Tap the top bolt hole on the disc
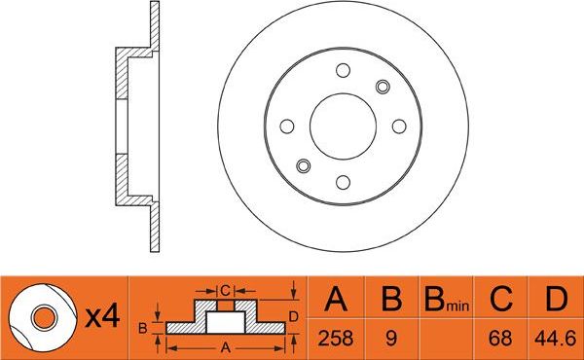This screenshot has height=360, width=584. point(344,69)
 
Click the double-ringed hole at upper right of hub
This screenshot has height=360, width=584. point(383,86)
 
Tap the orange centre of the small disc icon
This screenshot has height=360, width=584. point(41,317)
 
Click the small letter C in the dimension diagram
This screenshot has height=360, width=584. point(224,289)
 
